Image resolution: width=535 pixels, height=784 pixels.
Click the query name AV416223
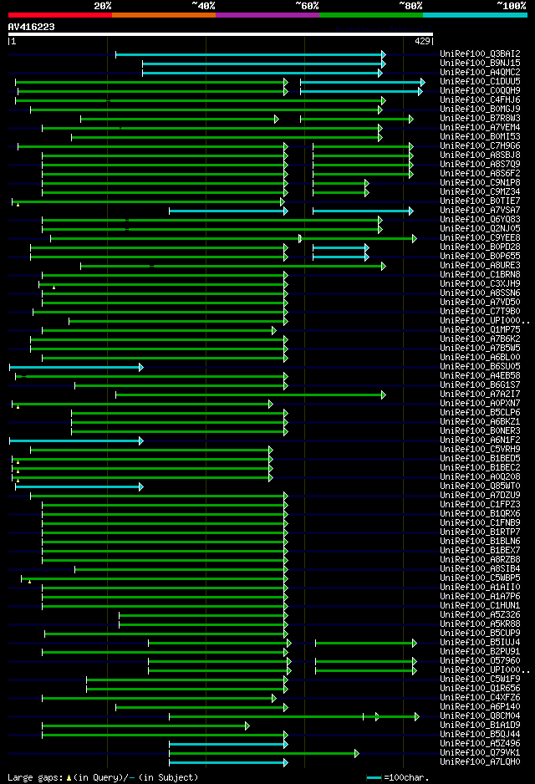[32, 27]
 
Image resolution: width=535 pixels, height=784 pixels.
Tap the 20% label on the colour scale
[103, 5]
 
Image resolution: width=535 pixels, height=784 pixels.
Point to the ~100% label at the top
[511, 5]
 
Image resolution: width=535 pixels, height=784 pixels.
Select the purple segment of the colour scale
[267, 15]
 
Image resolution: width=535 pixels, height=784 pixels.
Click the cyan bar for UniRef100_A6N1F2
[75, 440]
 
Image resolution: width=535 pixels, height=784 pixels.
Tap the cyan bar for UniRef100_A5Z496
[227, 744]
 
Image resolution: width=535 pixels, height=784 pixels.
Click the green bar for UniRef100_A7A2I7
[250, 395]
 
